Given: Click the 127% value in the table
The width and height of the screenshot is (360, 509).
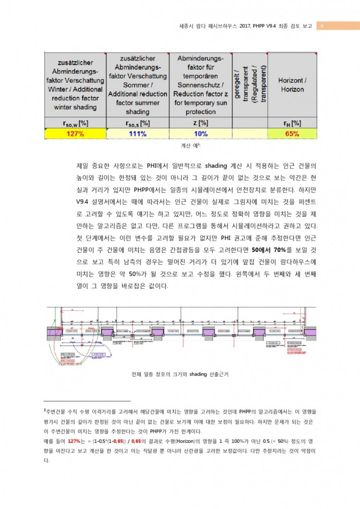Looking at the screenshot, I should pos(75,134).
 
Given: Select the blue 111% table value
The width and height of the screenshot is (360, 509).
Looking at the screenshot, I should pos(137,134).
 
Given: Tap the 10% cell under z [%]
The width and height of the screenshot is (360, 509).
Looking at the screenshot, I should pos(201,134).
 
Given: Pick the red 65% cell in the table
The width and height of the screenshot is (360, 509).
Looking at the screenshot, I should pos(292,134).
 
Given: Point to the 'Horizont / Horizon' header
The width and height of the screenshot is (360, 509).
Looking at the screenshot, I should pos(292,85).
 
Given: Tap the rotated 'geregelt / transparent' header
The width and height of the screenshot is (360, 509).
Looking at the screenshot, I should pos(250,83).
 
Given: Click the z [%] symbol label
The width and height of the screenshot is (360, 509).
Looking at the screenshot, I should pos(201,123).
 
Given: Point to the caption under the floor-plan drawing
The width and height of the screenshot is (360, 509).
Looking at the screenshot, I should pos(180,374).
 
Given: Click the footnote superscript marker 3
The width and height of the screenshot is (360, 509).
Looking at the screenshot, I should pos(45,411).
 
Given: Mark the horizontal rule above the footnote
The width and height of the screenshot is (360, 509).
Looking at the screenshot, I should pos(87,401).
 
